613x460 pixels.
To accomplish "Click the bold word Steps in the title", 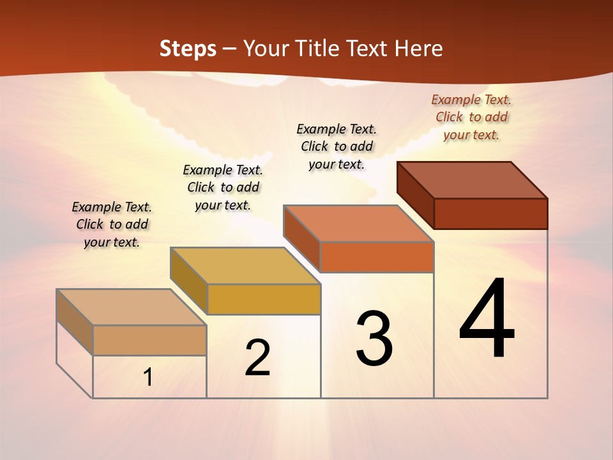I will (x=188, y=49).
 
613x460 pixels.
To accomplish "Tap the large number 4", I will (x=487, y=319).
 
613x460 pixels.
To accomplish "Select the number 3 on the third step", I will (x=374, y=339).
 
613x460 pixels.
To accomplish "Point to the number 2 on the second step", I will (x=258, y=358).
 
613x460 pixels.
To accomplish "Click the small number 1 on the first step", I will (x=148, y=378).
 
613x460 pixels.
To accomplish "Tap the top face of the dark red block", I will (x=473, y=180).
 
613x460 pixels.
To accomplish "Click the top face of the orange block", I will (x=358, y=223).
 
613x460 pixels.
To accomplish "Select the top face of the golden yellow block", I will (x=245, y=266).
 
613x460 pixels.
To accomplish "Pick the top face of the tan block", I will (x=132, y=307).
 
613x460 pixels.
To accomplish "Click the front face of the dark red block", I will (x=490, y=213).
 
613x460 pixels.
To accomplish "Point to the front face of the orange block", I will (x=377, y=257).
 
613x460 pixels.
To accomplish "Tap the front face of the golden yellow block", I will (x=264, y=299).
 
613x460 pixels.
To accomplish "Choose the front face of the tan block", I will (x=149, y=340).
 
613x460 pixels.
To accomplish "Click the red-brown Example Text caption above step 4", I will (x=471, y=117).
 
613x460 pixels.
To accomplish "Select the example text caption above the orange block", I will (x=337, y=146).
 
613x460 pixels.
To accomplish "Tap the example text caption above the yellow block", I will (x=223, y=187).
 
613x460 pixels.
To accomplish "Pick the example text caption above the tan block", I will (x=112, y=224).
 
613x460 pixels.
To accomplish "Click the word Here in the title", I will (x=419, y=49).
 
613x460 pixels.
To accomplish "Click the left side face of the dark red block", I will (x=416, y=195).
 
